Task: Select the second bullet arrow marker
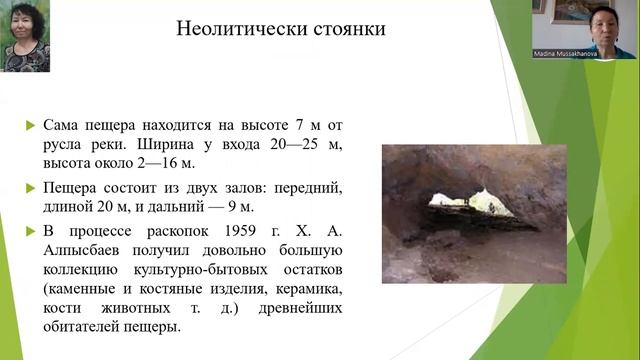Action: click(x=29, y=189)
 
